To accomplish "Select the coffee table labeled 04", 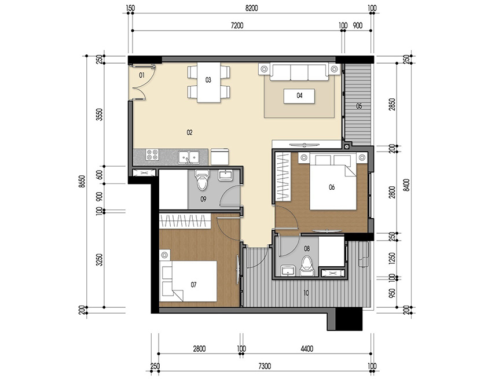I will click(299, 95).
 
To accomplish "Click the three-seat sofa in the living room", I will click(300, 72).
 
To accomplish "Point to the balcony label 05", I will click(359, 106).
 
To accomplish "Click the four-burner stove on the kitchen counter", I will click(153, 154).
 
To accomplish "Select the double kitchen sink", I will click(190, 155).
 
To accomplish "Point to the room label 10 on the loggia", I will click(306, 293).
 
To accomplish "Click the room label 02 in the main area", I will click(189, 133).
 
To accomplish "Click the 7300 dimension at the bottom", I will click(263, 366).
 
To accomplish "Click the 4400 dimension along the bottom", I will click(307, 348).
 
